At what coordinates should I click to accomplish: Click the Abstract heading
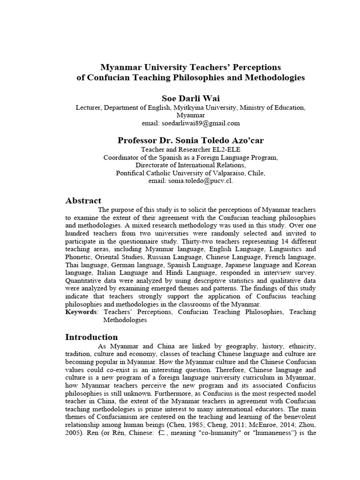tap(83, 201)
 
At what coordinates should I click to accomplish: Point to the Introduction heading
tap(91, 337)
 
